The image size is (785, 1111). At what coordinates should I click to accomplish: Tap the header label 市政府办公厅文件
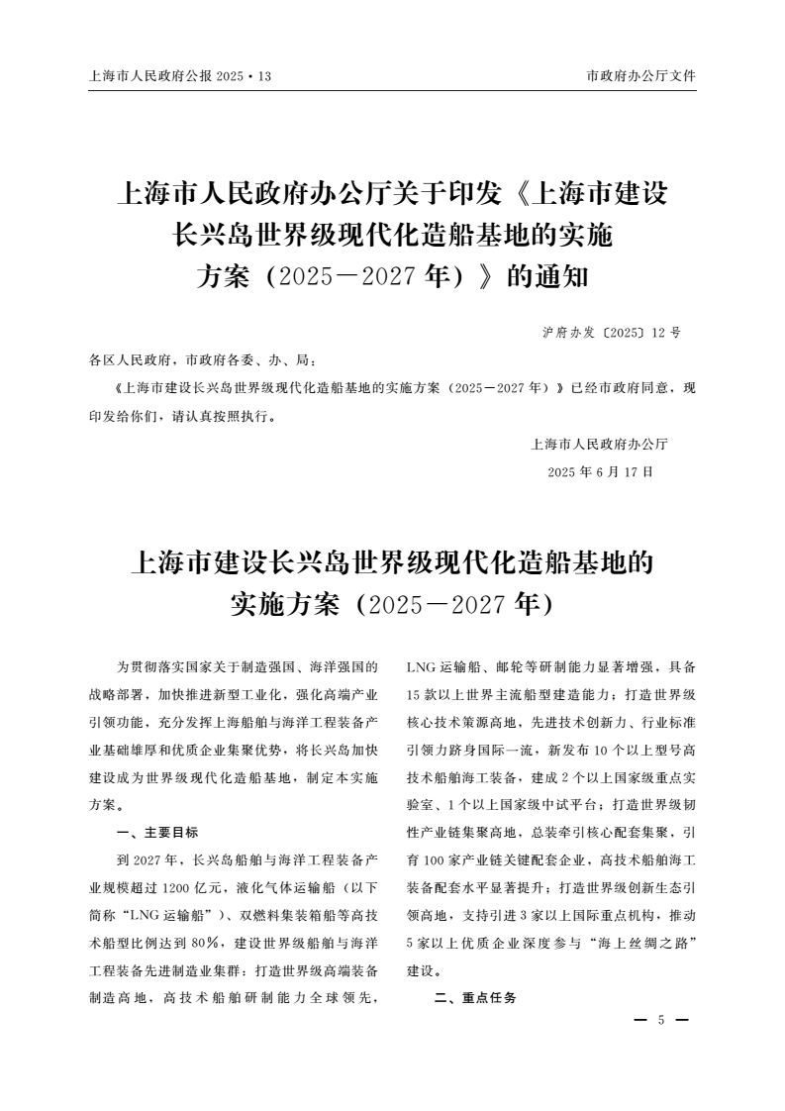click(x=641, y=75)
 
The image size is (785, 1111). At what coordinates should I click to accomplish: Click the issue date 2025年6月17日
click(x=600, y=472)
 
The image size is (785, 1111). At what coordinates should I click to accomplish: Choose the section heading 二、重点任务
click(x=475, y=997)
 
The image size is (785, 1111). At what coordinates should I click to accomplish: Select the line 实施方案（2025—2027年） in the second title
click(x=392, y=602)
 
